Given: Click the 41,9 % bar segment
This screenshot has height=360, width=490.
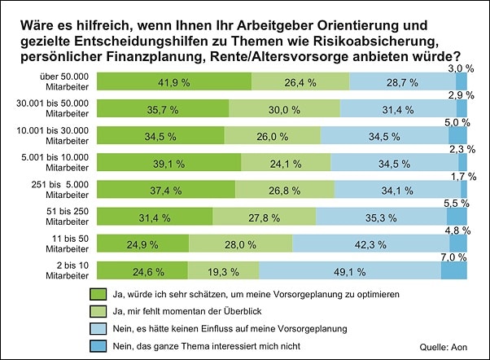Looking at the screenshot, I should (174, 81).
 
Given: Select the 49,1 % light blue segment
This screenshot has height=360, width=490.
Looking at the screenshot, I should (350, 271).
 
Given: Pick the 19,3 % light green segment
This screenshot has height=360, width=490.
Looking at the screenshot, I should (223, 271).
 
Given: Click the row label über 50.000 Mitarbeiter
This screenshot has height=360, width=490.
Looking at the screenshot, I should (60, 81).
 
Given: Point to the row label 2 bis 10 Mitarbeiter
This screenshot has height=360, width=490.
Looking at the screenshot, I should (60, 271).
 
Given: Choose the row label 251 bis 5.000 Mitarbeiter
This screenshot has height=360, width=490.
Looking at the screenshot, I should (60, 190).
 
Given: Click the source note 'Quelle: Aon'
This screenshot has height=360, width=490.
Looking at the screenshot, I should (445, 346).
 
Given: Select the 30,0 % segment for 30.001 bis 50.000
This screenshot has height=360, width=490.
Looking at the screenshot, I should (284, 108).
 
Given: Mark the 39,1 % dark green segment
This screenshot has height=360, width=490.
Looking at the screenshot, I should (169, 163).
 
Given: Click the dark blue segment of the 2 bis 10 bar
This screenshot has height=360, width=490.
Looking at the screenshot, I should (453, 271).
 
